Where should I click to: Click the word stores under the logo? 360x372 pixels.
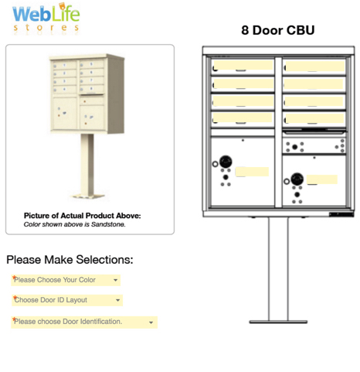click(x=47, y=28)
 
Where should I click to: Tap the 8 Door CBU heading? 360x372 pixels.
click(x=277, y=31)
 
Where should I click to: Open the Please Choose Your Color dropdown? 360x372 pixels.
click(x=65, y=280)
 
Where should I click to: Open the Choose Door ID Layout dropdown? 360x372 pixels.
click(x=66, y=300)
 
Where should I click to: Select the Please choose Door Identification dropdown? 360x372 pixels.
click(x=83, y=322)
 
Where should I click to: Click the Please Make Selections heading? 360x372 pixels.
click(x=70, y=259)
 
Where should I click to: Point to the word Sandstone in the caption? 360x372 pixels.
click(x=108, y=225)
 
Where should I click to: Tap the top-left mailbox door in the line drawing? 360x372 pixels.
click(x=243, y=67)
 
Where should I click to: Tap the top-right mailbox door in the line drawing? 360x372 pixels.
click(x=314, y=67)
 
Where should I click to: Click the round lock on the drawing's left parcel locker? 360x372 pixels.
click(x=226, y=162)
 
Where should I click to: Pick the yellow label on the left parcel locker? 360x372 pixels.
click(x=252, y=172)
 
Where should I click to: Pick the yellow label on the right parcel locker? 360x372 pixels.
click(x=321, y=179)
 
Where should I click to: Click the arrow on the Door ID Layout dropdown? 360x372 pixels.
click(x=117, y=300)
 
